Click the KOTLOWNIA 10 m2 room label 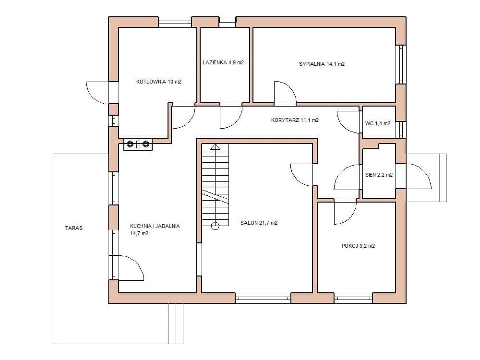pyautogui.click(x=158, y=82)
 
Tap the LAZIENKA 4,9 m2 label pyautogui.click(x=223, y=63)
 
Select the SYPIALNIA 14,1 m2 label pyautogui.click(x=322, y=64)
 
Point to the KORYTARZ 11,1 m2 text pyautogui.click(x=295, y=120)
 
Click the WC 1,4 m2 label pyautogui.click(x=378, y=124)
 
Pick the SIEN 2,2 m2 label pyautogui.click(x=379, y=175)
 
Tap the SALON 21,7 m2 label pyautogui.click(x=259, y=223)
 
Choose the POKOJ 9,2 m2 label pyautogui.click(x=358, y=246)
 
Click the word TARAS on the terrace pyautogui.click(x=74, y=228)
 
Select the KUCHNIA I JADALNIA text pyautogui.click(x=155, y=226)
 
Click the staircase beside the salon pyautogui.click(x=215, y=185)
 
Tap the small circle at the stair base pyautogui.click(x=215, y=226)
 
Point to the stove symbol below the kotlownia pyautogui.click(x=138, y=144)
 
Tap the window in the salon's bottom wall pyautogui.click(x=263, y=298)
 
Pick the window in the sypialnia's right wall pyautogui.click(x=401, y=65)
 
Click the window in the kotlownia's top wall pyautogui.click(x=175, y=22)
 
